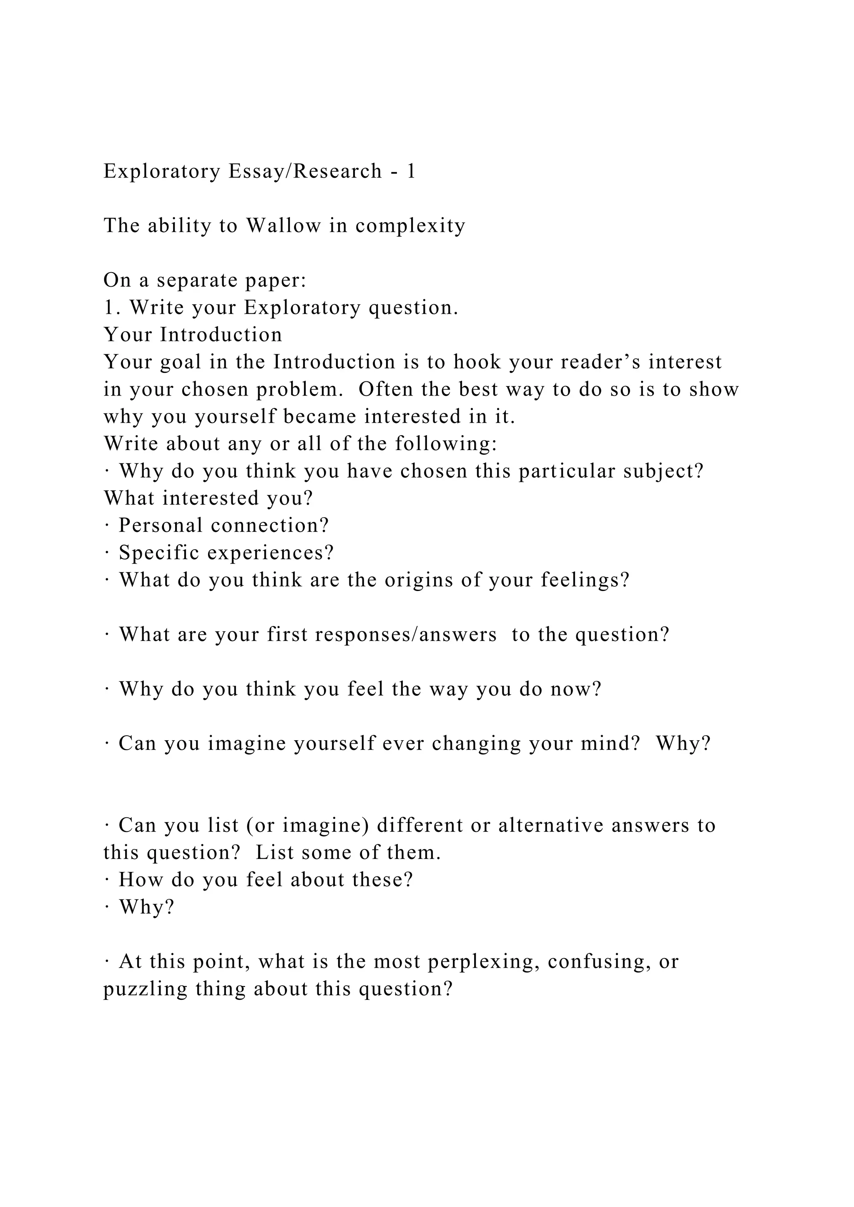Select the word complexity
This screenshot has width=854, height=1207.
point(410,225)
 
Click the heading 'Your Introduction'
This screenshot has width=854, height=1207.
point(193,335)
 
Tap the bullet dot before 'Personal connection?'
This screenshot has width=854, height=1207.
point(107,526)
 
